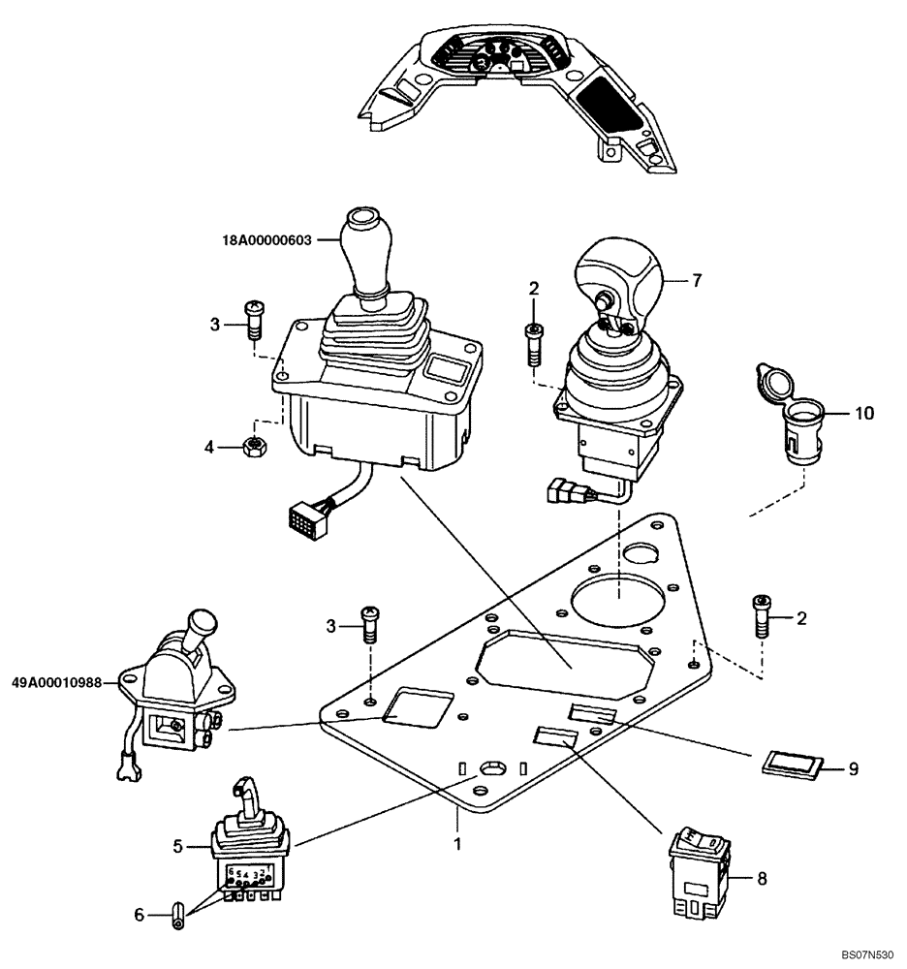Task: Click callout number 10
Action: [x=863, y=414]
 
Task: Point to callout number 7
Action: [x=696, y=280]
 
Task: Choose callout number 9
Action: [x=853, y=769]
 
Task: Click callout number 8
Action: [x=762, y=879]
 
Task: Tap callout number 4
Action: [x=209, y=448]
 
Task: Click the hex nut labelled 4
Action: [x=254, y=447]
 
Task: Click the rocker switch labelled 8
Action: [x=698, y=872]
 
